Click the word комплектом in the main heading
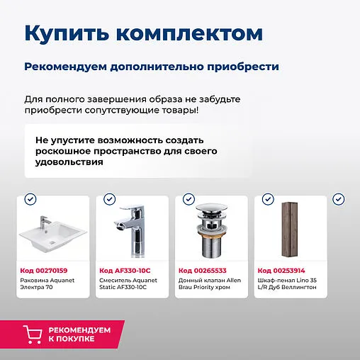coord(189,33)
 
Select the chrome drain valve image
coord(210,231)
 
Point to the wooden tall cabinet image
coord(290,230)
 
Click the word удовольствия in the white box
coord(68,162)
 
